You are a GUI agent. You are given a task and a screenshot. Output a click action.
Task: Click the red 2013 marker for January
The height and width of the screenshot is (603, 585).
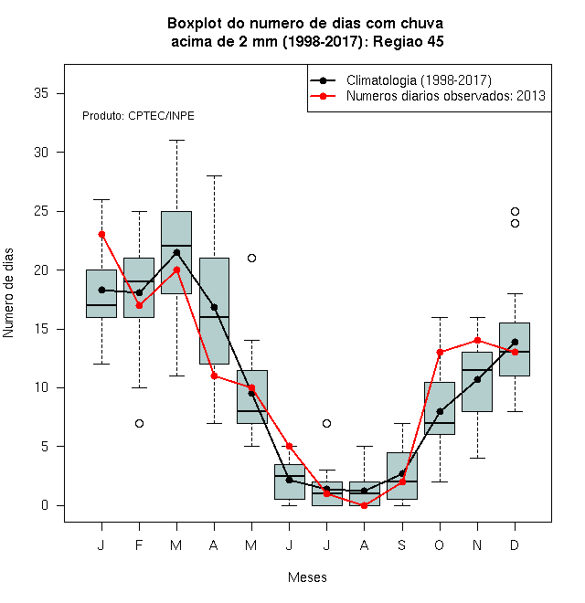pyautogui.click(x=101, y=235)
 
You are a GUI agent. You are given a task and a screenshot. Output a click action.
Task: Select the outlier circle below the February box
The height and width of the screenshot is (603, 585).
pyautogui.click(x=139, y=423)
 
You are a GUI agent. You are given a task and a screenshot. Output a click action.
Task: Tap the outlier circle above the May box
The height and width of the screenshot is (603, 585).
pyautogui.click(x=251, y=258)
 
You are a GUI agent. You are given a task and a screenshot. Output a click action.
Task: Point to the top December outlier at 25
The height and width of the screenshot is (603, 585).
pyautogui.click(x=515, y=212)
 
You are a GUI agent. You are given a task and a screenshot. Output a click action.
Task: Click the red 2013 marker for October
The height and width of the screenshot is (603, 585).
pyautogui.click(x=440, y=353)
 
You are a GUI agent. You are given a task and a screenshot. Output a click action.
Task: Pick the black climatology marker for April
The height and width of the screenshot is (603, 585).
pyautogui.click(x=215, y=307)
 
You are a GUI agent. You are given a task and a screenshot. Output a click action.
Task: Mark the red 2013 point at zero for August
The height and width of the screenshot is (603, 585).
pyautogui.click(x=364, y=506)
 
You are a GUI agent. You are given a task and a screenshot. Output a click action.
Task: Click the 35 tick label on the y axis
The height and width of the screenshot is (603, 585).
pyautogui.click(x=41, y=93)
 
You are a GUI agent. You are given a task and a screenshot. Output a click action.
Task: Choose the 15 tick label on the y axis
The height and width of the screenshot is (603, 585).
pyautogui.click(x=41, y=329)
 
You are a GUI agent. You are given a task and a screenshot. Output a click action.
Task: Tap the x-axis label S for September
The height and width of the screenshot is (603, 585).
pyautogui.click(x=402, y=545)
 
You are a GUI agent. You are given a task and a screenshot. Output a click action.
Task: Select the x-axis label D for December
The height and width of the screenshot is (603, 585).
pyautogui.click(x=515, y=545)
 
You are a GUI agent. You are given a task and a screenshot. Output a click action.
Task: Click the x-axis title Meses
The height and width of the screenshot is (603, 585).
pyautogui.click(x=307, y=577)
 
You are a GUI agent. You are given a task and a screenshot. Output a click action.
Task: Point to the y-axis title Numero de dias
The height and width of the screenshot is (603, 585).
pyautogui.click(x=8, y=293)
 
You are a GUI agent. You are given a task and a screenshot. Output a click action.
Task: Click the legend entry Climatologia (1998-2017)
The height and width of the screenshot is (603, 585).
pyautogui.click(x=419, y=80)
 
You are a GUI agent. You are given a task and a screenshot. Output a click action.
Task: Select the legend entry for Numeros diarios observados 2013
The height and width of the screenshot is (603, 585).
pyautogui.click(x=446, y=96)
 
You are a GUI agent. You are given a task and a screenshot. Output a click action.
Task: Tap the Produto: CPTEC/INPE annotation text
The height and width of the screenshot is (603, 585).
pyautogui.click(x=138, y=116)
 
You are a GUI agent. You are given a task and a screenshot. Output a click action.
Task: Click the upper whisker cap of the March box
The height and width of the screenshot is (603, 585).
pyautogui.click(x=176, y=141)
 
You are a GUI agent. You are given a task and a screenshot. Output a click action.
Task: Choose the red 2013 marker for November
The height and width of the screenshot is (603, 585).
pyautogui.click(x=478, y=341)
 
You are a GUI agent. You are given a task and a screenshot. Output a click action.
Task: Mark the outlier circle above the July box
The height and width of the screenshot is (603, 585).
pyautogui.click(x=326, y=423)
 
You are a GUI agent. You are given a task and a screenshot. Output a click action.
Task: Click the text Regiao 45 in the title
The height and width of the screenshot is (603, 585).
pyautogui.click(x=409, y=41)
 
